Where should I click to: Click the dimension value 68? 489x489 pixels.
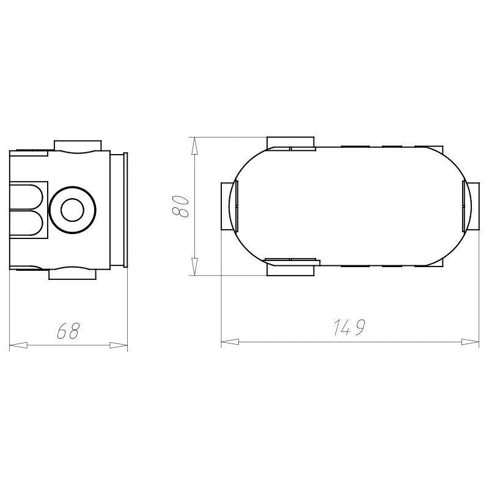coord(68,331)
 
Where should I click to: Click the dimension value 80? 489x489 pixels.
coord(180,206)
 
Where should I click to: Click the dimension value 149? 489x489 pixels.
coord(348,327)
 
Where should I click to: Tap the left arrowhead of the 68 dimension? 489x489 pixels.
coord(18,345)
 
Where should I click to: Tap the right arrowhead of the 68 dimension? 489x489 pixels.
coord(119,345)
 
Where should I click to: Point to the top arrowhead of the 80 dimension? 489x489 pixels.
coord(194,146)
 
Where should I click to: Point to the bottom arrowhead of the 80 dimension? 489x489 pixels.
coord(194,267)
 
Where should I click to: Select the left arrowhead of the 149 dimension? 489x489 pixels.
coord(230,342)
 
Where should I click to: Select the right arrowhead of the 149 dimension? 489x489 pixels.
coord(470,342)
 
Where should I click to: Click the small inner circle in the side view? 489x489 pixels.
coord(72,210)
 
